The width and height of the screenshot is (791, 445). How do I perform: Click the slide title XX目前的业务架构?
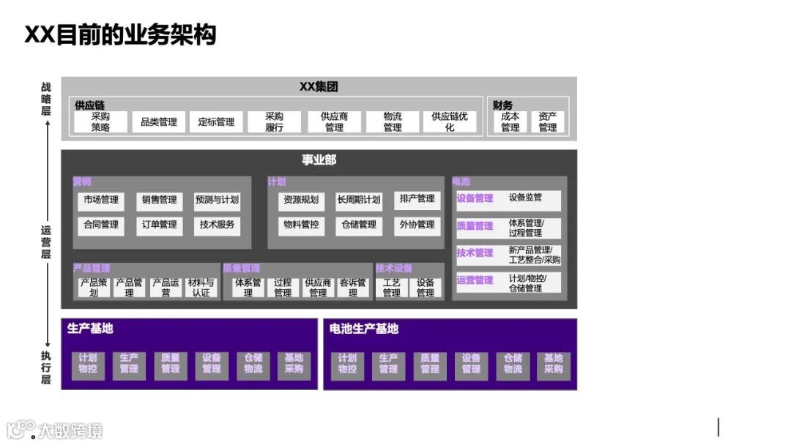[x=120, y=34]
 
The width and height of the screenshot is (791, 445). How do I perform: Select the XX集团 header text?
[x=319, y=86]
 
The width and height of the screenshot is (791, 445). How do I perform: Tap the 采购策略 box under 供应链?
[x=100, y=121]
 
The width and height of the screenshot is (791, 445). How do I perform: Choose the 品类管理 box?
[x=158, y=121]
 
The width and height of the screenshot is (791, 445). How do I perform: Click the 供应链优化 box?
[x=449, y=121]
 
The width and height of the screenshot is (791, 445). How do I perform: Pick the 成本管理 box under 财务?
[x=510, y=121]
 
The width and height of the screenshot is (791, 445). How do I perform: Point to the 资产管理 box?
[x=547, y=121]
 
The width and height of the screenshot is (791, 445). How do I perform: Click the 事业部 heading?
[x=319, y=160]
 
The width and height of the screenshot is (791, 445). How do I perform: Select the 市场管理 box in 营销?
[x=100, y=200]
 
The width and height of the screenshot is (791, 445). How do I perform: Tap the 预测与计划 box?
[x=217, y=200]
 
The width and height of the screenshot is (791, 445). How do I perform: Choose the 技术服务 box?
[x=217, y=225]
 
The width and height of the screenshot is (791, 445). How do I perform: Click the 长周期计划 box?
[x=359, y=200]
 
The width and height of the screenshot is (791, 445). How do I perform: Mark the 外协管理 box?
[x=417, y=225]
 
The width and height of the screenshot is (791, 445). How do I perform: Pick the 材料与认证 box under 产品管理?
[x=201, y=287]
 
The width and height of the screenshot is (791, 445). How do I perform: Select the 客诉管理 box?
[x=353, y=287]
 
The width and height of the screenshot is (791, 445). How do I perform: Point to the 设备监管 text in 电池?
[x=526, y=198]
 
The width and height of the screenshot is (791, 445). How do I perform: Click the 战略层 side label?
[x=46, y=99]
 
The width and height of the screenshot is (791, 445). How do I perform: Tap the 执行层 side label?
[x=46, y=367]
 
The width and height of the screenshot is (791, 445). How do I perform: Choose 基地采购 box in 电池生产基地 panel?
[x=553, y=364]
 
